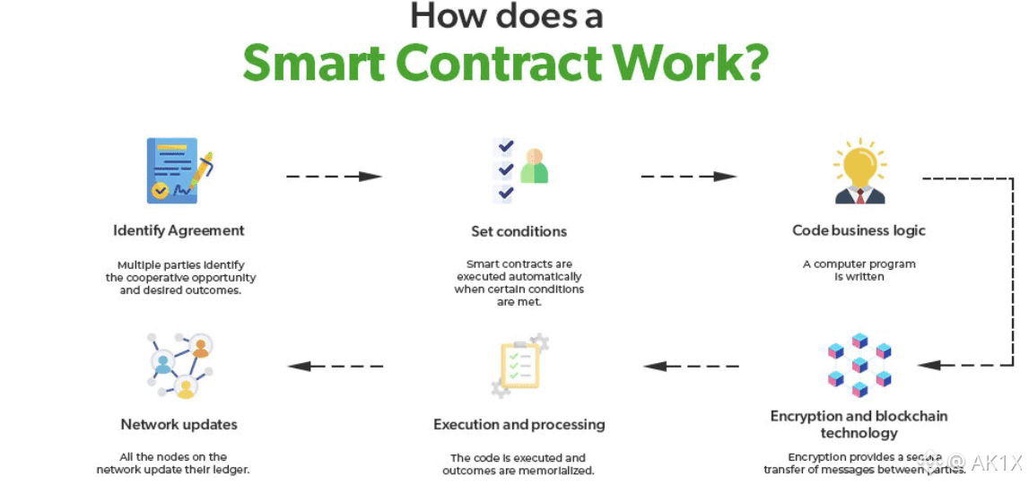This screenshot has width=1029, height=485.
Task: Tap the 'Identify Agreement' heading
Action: point(179,230)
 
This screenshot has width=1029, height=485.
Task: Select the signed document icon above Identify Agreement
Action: point(179,170)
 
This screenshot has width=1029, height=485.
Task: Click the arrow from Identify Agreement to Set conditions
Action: point(334,177)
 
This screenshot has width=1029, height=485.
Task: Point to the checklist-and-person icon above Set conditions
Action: point(520,170)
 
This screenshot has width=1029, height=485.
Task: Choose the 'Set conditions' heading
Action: point(519,231)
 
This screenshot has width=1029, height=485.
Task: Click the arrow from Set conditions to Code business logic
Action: point(688,177)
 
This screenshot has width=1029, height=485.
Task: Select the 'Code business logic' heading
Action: point(859,230)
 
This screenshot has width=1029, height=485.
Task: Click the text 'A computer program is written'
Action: point(859,270)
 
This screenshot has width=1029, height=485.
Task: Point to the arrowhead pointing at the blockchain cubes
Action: point(929,365)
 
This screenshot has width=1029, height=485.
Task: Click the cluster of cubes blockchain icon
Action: point(859,365)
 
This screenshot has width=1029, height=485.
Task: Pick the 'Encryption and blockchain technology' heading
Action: point(859,424)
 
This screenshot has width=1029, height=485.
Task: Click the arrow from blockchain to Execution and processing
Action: point(691,366)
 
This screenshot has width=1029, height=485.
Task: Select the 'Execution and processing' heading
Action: point(519,424)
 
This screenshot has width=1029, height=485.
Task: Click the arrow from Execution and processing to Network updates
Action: point(335,366)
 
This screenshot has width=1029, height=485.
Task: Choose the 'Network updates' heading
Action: point(179,424)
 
